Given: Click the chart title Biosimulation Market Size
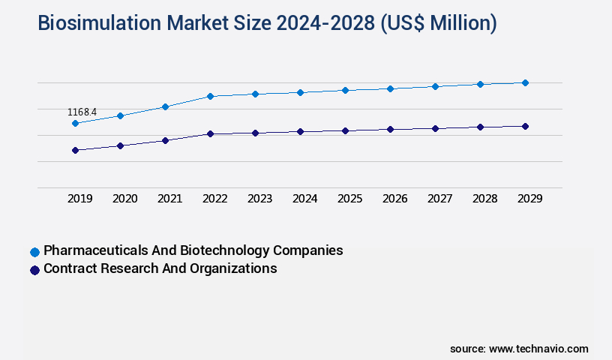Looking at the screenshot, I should click(267, 23).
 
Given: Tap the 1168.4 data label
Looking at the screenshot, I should click(82, 112).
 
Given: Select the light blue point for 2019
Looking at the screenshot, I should click(75, 123).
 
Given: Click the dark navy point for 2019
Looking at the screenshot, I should click(75, 150).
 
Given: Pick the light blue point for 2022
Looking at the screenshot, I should click(210, 96).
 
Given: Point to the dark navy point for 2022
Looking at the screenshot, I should click(210, 133).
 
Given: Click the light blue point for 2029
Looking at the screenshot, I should click(525, 82).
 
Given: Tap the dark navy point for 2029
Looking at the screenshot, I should click(525, 126).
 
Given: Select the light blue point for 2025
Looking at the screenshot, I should click(345, 90).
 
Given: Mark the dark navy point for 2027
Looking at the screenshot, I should click(435, 128).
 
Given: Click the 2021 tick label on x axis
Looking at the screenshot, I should click(169, 199).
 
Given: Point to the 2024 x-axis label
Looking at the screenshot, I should click(304, 199).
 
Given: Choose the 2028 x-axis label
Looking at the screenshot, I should click(484, 199).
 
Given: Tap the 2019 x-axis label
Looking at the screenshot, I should click(79, 199).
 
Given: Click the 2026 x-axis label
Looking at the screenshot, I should click(394, 199).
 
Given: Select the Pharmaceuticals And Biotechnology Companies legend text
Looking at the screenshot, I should click(193, 250).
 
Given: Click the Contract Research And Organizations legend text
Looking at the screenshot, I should click(160, 268).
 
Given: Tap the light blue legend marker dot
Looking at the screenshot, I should click(34, 252).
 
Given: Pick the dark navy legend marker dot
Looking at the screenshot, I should click(34, 270).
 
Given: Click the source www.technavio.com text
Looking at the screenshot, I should click(519, 349).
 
